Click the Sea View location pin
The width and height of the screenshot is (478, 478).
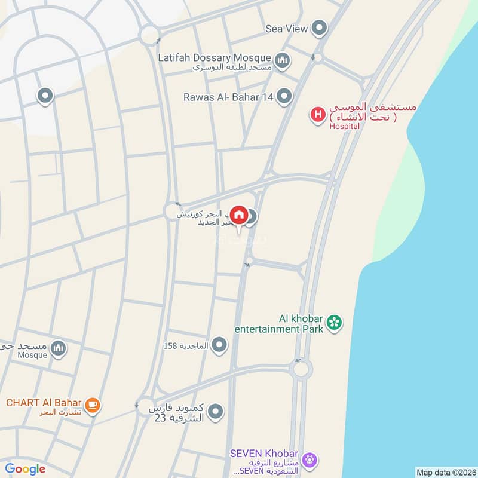click(320, 27)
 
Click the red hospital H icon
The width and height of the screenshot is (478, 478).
click(317, 114)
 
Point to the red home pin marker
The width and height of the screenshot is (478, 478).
click(239, 215)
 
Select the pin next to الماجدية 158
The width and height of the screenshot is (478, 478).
click(220, 345)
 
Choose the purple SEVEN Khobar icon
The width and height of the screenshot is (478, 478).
click(309, 459)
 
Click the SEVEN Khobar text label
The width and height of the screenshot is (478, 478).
click(265, 453)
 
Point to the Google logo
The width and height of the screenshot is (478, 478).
click(25, 469)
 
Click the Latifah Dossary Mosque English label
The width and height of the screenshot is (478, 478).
click(215, 57)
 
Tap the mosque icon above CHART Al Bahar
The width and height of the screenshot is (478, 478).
click(58, 348)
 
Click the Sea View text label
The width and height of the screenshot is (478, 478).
click(287, 28)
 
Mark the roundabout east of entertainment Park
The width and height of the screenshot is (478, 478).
click(301, 368)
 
